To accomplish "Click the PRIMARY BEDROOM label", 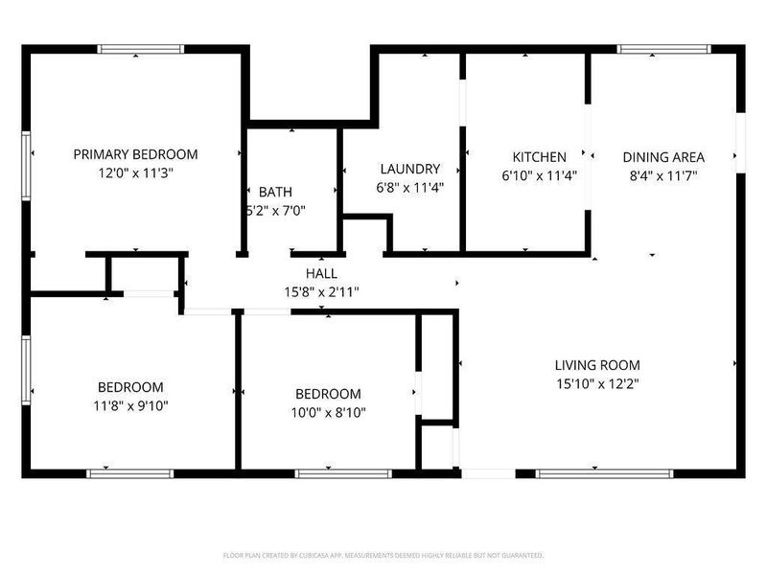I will tap(136, 154).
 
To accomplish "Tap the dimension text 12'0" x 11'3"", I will tap(136, 173).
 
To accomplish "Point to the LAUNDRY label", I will tap(409, 169).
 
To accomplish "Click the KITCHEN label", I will tap(539, 157).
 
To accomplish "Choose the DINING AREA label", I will tap(663, 157).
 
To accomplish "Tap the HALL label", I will tap(321, 273).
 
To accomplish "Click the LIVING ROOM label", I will tap(597, 365).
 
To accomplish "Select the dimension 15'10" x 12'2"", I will tap(597, 383).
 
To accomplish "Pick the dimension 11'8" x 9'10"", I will tap(130, 405).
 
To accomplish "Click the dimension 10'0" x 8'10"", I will tap(328, 412).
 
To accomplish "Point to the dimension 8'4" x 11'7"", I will tap(663, 175).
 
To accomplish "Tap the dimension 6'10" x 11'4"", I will tap(539, 175).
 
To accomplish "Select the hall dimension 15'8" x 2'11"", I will tap(321, 291).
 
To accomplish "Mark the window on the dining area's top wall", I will tap(663, 48).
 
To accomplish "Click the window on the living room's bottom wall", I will tap(604, 473).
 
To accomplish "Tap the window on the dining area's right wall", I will tap(740, 144).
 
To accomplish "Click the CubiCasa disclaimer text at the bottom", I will tap(383, 555).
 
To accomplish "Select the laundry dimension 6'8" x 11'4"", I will tap(409, 188).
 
